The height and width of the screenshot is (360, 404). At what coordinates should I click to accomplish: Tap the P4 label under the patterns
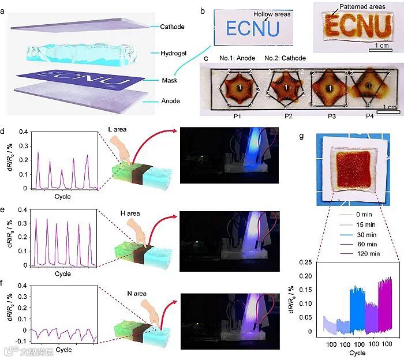click(362, 115)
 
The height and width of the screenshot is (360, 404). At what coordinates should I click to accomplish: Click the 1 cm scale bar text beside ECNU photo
click(379, 44)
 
